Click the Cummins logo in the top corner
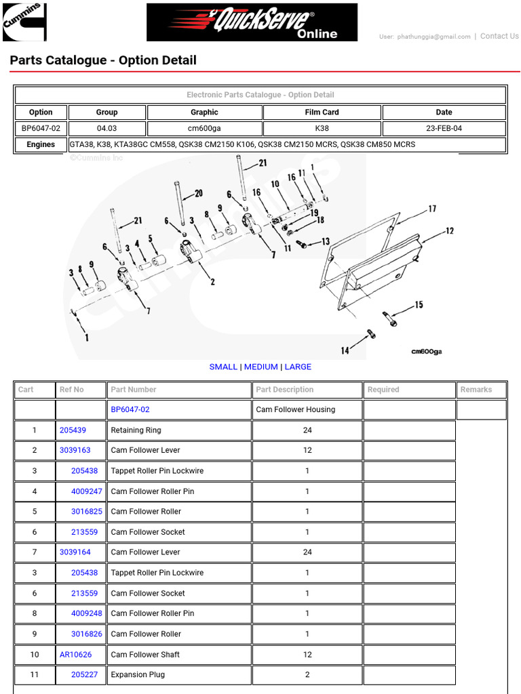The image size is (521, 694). [x=24, y=22]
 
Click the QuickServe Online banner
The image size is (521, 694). [x=252, y=22]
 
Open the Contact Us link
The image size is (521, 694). [x=499, y=37]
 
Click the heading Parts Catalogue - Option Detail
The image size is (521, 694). [x=103, y=60]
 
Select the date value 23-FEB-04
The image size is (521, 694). [x=444, y=128]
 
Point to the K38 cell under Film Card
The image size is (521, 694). [x=322, y=128]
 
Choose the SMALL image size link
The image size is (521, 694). [x=223, y=367]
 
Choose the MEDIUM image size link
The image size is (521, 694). [x=260, y=367]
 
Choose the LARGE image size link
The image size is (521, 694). [x=298, y=367]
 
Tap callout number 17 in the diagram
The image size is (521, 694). [x=432, y=209]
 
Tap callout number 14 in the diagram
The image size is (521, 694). [x=345, y=350]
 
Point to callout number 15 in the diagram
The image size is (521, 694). [x=419, y=305]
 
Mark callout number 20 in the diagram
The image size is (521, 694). [x=198, y=193]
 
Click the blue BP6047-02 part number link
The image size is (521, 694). [x=130, y=409]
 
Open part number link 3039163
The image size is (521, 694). [x=75, y=450]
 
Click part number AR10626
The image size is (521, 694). [x=75, y=655]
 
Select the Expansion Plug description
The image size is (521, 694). [x=138, y=674]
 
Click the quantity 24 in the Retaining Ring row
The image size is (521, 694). [x=307, y=430]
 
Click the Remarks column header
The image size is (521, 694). [x=476, y=390]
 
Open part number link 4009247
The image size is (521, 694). [x=86, y=491]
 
